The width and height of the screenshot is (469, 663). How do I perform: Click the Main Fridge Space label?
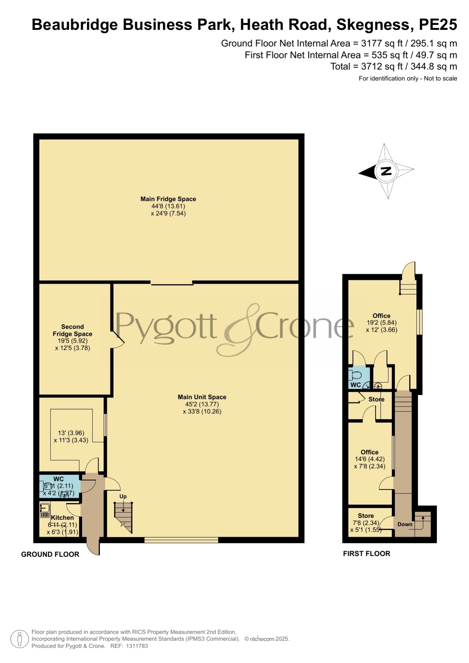168,199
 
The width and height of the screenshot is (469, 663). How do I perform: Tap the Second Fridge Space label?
73,330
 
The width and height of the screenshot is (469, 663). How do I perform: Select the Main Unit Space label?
202,397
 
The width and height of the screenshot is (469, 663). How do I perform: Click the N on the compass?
386,171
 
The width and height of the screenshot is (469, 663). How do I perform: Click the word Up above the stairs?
123,496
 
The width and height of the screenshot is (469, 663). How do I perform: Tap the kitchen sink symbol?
45,510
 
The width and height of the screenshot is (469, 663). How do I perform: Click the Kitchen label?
62,518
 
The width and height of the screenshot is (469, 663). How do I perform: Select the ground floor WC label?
59,479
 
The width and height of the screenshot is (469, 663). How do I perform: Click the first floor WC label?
356,385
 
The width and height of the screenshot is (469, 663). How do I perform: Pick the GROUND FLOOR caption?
50,554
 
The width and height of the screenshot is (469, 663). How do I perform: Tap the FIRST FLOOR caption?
367,553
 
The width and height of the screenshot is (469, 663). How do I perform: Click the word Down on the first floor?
405,524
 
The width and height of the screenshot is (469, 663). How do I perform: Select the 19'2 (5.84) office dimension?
381,323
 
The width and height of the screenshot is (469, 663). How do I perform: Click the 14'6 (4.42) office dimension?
370,459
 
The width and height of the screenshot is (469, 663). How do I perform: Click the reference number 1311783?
137,646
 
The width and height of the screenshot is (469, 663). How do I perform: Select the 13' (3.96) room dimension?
71,433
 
